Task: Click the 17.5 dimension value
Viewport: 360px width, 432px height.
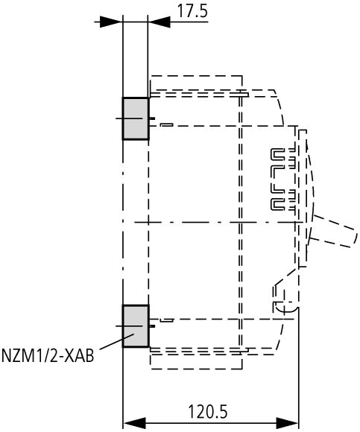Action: click(192, 11)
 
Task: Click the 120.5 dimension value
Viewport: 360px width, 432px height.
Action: click(208, 412)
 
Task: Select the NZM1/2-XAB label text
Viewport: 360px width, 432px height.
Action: click(48, 355)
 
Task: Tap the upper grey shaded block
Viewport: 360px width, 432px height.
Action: click(136, 118)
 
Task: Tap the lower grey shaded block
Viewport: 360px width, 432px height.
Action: click(136, 326)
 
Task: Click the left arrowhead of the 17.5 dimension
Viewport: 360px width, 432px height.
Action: click(111, 22)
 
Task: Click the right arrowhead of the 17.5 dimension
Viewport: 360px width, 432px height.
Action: click(160, 22)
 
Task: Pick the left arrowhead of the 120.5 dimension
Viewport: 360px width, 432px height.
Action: click(134, 423)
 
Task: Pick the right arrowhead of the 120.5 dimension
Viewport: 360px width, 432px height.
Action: click(287, 423)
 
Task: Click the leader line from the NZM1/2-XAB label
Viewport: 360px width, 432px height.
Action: click(116, 342)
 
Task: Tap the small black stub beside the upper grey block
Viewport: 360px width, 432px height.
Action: click(152, 118)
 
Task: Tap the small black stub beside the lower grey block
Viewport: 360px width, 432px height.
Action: click(152, 326)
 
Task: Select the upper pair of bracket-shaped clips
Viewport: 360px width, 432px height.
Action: click(283, 159)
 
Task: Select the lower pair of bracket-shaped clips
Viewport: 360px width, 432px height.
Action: click(283, 200)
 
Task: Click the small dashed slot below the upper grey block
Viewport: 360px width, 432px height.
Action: click(166, 125)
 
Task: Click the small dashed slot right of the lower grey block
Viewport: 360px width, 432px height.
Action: click(166, 320)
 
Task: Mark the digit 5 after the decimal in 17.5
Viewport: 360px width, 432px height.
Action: click(203, 12)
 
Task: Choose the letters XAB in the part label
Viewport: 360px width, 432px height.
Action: click(80, 355)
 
